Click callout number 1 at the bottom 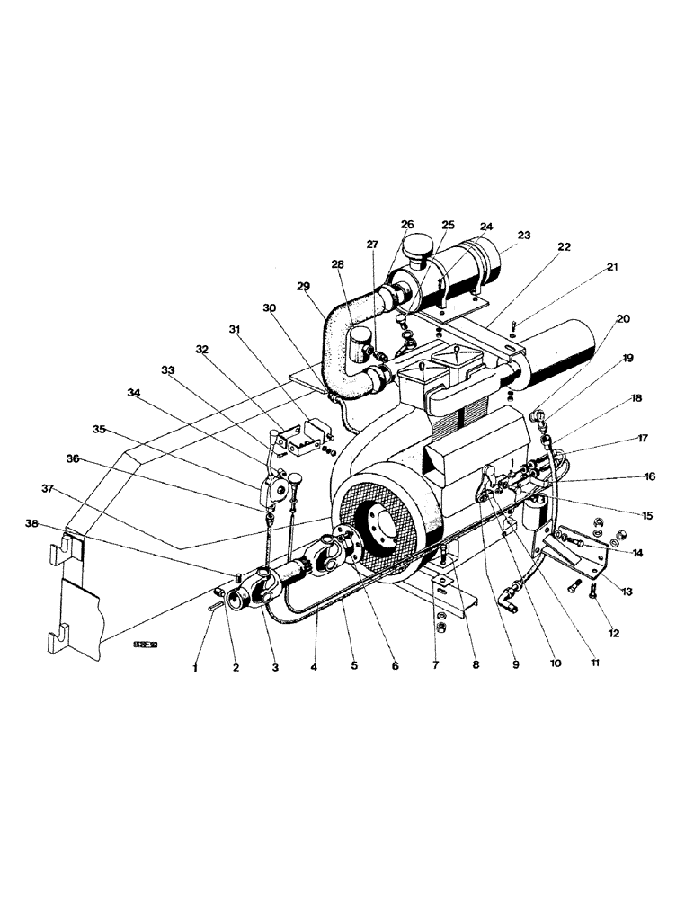pyautogui.click(x=193, y=668)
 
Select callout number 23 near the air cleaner pyautogui.click(x=524, y=236)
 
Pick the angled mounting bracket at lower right pyautogui.click(x=575, y=561)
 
